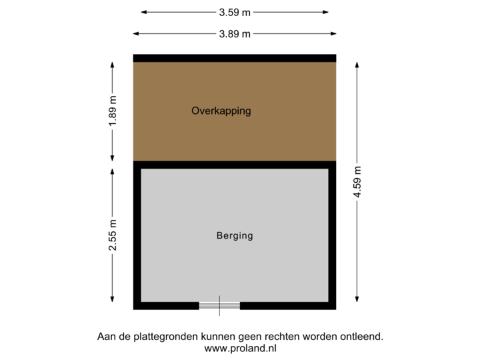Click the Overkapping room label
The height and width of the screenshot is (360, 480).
pyautogui.click(x=221, y=111)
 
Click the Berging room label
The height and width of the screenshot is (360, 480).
pyautogui.click(x=235, y=235)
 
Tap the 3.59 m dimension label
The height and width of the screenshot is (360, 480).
pyautogui.click(x=235, y=12)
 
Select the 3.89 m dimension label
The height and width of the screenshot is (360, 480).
pyautogui.click(x=235, y=33)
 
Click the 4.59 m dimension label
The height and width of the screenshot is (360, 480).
pyautogui.click(x=357, y=182)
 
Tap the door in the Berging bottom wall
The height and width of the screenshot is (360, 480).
pyautogui.click(x=219, y=306)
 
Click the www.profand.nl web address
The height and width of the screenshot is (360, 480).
pyautogui.click(x=240, y=348)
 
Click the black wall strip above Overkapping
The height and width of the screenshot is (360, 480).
pyautogui.click(x=235, y=58)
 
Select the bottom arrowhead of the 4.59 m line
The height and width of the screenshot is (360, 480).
pyautogui.click(x=357, y=301)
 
